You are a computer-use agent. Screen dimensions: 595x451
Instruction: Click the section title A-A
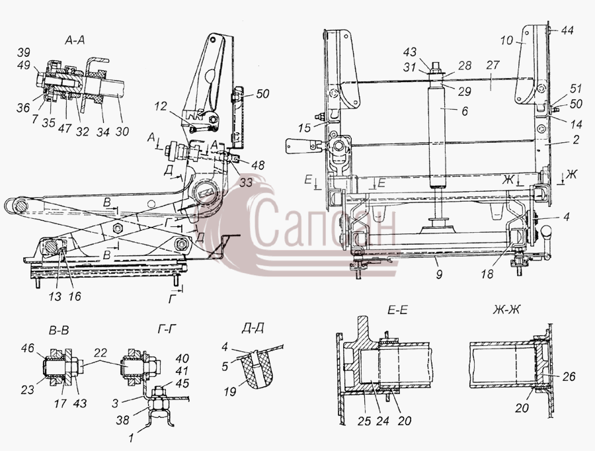click(74, 40)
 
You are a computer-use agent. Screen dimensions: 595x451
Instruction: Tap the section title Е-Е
click(397, 309)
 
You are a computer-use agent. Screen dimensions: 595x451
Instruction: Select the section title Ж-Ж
click(506, 309)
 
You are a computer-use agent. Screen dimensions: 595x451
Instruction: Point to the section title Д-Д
click(253, 328)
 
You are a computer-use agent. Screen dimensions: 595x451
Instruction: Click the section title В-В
click(59, 331)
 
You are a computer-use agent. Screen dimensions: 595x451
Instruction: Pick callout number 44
click(567, 30)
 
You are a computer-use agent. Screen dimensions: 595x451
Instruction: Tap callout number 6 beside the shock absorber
click(465, 111)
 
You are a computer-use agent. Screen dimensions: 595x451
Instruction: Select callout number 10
click(506, 40)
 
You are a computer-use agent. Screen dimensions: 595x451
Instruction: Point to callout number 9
click(439, 274)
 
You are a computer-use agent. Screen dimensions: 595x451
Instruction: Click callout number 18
click(487, 274)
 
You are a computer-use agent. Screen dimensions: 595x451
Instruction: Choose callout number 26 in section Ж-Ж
click(568, 376)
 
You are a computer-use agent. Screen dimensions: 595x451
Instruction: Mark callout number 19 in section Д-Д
click(230, 391)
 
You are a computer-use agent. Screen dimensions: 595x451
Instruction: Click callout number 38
click(122, 420)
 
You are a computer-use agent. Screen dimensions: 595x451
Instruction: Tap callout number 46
click(27, 348)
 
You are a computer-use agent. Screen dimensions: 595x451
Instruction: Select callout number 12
click(161, 106)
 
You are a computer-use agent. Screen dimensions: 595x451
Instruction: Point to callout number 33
click(246, 183)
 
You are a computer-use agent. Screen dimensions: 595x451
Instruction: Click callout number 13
click(55, 296)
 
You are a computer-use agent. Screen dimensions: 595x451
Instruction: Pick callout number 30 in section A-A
click(122, 132)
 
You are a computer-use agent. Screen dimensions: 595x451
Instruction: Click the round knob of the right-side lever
click(547, 230)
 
